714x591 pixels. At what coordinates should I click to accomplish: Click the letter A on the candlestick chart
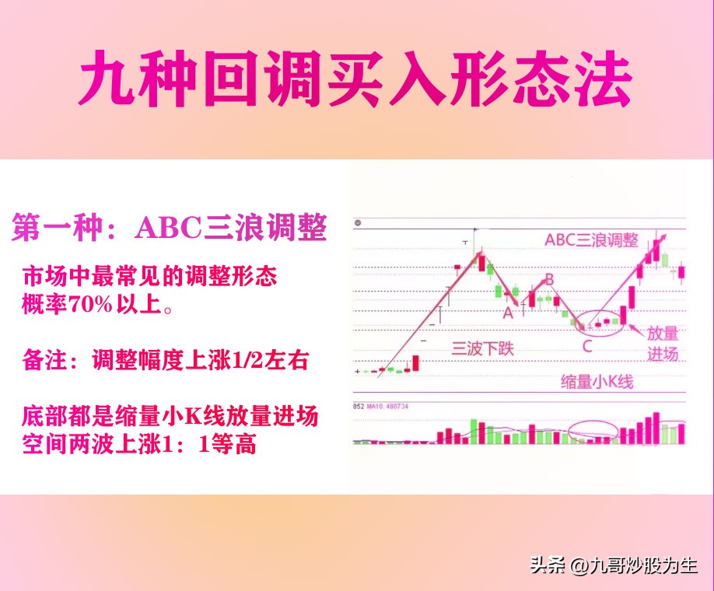[x=509, y=313]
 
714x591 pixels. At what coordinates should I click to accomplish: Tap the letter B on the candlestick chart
[x=548, y=278]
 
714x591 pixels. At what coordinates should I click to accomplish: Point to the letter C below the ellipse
[x=587, y=345]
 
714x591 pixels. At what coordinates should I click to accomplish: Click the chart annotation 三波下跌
[x=483, y=348]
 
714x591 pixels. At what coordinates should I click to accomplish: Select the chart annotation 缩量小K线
[x=597, y=382]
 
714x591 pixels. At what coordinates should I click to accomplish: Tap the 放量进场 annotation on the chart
[x=663, y=343]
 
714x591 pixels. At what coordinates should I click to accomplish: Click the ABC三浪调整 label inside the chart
[x=592, y=240]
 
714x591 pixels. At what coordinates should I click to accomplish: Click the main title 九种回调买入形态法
[x=356, y=79]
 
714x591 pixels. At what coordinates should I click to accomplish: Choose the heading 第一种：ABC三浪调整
[x=169, y=228]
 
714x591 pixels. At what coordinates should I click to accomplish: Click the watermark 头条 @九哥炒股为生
[x=614, y=565]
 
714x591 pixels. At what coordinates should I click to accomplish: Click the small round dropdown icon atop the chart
[x=358, y=223]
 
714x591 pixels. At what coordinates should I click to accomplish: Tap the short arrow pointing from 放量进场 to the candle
[x=632, y=330]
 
